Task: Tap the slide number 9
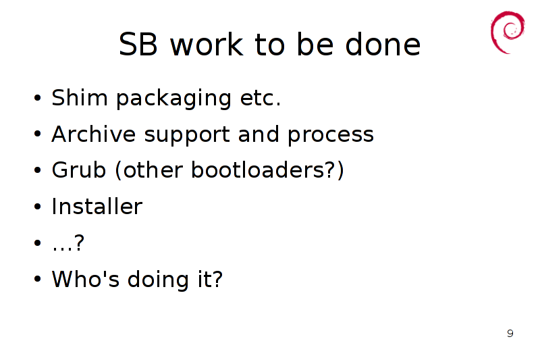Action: click(510, 333)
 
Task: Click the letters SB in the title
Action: click(138, 44)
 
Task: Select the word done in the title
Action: click(383, 43)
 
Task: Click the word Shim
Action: click(80, 97)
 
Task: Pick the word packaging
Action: click(173, 99)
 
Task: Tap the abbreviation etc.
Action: click(261, 98)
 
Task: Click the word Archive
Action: click(94, 134)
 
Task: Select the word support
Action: click(187, 136)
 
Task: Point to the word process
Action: click(331, 136)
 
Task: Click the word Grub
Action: click(78, 170)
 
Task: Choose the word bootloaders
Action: click(258, 170)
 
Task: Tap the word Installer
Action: click(97, 207)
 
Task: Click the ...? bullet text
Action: click(68, 242)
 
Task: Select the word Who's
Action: click(86, 279)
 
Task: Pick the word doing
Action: click(158, 280)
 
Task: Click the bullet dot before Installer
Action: click(38, 207)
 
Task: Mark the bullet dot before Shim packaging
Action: click(38, 97)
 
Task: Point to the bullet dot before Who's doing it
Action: click(38, 279)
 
